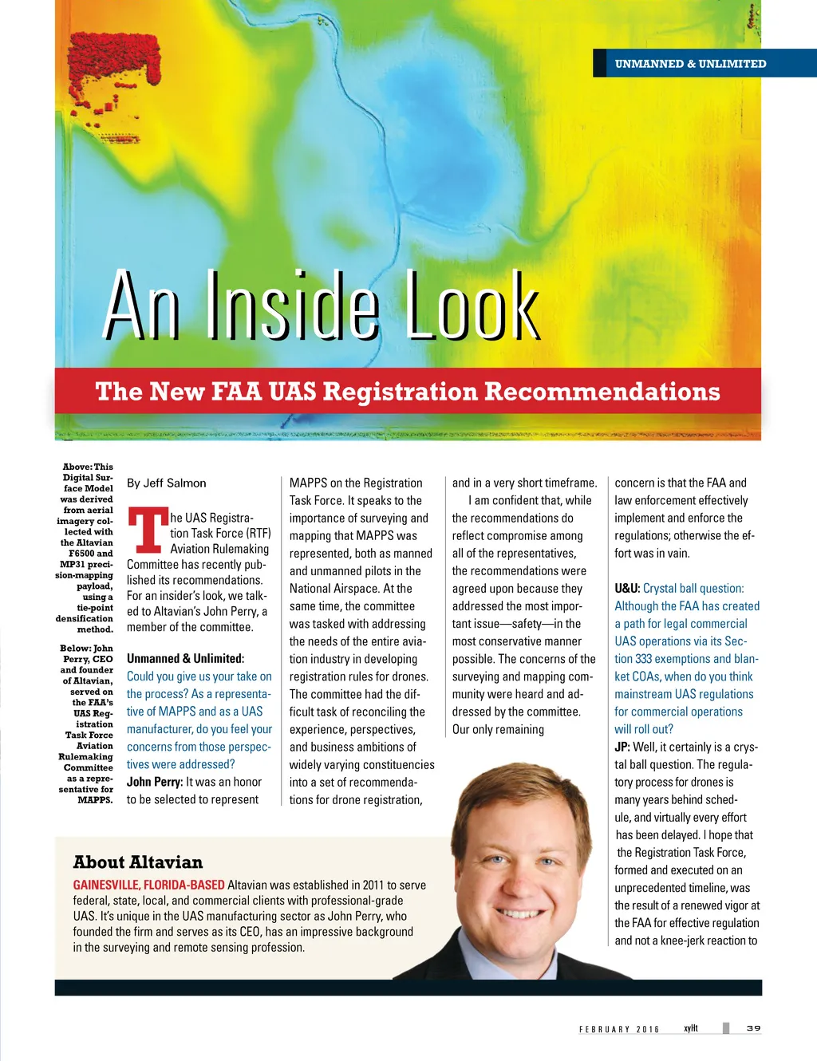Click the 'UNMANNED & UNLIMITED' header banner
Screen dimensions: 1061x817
[690, 64]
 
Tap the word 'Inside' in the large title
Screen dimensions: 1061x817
[291, 307]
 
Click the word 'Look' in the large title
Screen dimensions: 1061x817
[472, 307]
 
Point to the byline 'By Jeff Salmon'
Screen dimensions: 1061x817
[166, 483]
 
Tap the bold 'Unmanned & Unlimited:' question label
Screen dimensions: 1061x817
[185, 659]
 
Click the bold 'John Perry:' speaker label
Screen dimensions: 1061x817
[155, 783]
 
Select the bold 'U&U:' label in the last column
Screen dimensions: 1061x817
[627, 589]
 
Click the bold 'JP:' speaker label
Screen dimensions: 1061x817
[622, 747]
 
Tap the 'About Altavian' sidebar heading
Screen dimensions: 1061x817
[137, 862]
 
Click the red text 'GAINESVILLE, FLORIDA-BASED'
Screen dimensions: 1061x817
[148, 885]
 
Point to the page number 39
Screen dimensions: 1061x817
[753, 1028]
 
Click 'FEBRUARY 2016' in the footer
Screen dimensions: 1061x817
[619, 1029]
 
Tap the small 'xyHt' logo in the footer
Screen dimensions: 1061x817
[691, 1028]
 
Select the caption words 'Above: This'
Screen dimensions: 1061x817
[88, 467]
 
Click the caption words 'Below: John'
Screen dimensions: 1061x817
[86, 649]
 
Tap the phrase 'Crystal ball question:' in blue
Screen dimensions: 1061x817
[693, 589]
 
